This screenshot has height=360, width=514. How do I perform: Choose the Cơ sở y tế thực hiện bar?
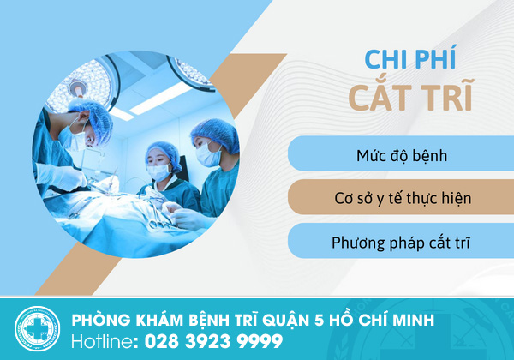[x=401, y=197]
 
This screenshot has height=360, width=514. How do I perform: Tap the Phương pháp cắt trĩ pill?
[x=401, y=241]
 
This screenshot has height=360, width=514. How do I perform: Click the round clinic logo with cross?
[x=37, y=329]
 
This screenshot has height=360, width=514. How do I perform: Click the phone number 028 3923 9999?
[x=213, y=341]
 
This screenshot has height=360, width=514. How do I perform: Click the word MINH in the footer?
[x=413, y=320]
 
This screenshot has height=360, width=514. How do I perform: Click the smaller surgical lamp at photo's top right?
[x=191, y=73]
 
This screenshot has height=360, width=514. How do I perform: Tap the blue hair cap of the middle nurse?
[x=164, y=154]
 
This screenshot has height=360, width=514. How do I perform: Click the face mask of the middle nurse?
[x=158, y=172]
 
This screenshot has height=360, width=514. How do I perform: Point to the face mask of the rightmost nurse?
[x=208, y=154]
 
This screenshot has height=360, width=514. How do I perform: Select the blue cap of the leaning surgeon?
[x=92, y=118]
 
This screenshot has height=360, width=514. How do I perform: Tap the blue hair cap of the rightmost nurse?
[x=216, y=134]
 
